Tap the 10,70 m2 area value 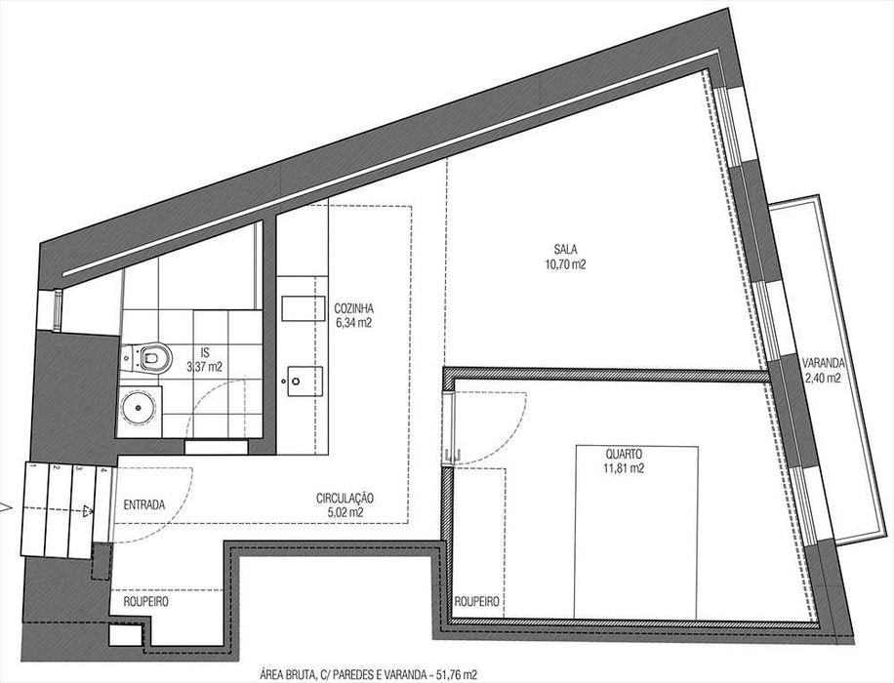566,263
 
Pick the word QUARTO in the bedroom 623,455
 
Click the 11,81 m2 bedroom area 623,468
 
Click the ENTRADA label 143,504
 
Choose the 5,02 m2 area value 345,511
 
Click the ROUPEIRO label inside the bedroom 478,603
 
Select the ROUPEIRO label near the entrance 147,603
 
